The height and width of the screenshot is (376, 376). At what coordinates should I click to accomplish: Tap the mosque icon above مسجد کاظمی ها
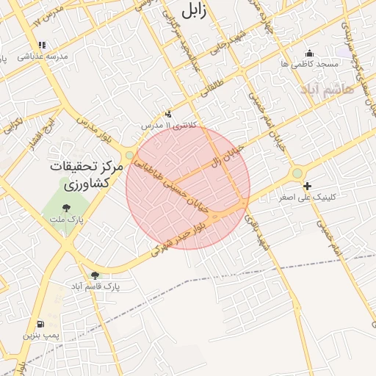point(309,53)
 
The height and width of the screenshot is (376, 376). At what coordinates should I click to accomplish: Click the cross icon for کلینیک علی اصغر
point(307,187)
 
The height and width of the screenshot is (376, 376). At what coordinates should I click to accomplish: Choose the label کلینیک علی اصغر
point(308,198)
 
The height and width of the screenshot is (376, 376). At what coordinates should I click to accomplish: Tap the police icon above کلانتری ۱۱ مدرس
point(169,114)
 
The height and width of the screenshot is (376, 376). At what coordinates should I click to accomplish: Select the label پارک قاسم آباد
point(95,285)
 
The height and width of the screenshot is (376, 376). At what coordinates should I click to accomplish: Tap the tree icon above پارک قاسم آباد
point(95,275)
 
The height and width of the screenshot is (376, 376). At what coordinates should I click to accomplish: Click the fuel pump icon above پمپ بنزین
point(40,324)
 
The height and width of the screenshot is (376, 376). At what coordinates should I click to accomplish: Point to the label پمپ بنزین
point(40,335)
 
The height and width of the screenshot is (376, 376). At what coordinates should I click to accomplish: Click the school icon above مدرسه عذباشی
point(42,45)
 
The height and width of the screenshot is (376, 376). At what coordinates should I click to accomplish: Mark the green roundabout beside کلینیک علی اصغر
point(297,173)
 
